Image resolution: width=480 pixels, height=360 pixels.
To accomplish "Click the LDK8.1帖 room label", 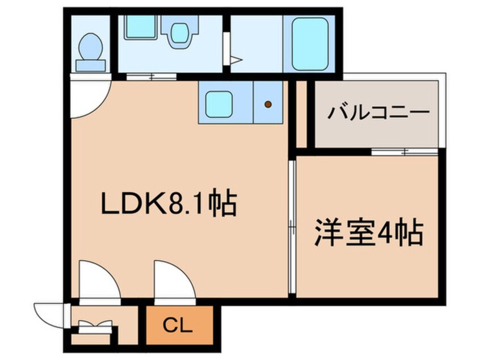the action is click(169, 204).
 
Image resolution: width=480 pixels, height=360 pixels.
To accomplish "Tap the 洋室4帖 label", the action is click(369, 233).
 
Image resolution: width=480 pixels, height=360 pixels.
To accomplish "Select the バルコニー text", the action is click(378, 113).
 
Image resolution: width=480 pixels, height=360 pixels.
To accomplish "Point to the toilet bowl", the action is click(90, 47).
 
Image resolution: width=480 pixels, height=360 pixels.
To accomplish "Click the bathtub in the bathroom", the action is click(310, 44).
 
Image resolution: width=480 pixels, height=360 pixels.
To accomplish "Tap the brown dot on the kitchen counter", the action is click(268, 104).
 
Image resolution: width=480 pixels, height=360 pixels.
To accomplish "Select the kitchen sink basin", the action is click(218, 104).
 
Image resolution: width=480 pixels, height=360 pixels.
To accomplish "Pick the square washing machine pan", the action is click(141, 27).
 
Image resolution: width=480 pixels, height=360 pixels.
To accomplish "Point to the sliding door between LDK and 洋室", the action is click(292, 227).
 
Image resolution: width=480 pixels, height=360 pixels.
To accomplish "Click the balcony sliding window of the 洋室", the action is click(405, 152).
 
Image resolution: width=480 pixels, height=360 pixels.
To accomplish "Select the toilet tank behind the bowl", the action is click(90, 65).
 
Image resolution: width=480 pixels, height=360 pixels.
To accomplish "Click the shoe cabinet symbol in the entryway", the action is click(95, 327).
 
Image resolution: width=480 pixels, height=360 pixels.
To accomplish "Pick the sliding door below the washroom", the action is click(151, 77).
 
